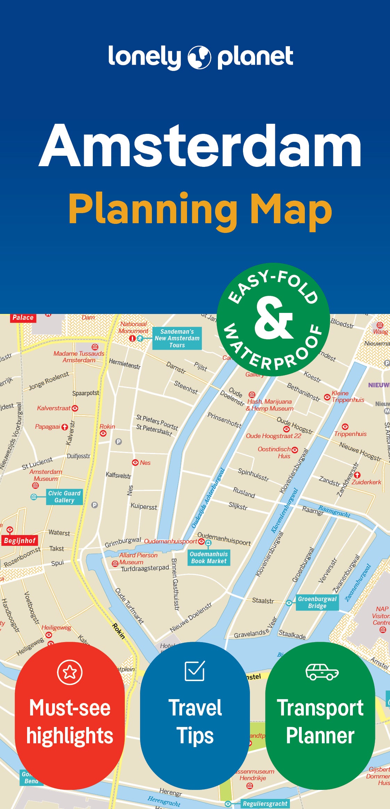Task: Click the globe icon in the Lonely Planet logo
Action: pyautogui.click(x=199, y=57)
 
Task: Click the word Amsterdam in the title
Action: pyautogui.click(x=201, y=146)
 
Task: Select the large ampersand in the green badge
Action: pyautogui.click(x=274, y=318)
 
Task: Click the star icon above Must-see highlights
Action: pyautogui.click(x=70, y=672)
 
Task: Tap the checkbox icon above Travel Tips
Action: pyautogui.click(x=195, y=671)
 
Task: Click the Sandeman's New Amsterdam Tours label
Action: pyautogui.click(x=177, y=338)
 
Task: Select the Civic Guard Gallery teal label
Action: pyautogui.click(x=64, y=497)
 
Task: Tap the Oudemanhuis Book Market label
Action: pyautogui.click(x=209, y=558)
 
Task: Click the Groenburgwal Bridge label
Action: pyautogui.click(x=317, y=602)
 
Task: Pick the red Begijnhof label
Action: pyautogui.click(x=20, y=541)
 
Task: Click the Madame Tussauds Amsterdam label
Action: pyautogui.click(x=79, y=357)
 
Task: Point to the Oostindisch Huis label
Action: pyautogui.click(x=274, y=452)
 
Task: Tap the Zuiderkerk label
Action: pyautogui.click(x=366, y=482)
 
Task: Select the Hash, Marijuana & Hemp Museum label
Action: pyautogui.click(x=270, y=405)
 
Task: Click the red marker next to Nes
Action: pyautogui.click(x=135, y=462)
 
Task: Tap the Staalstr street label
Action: pyautogui.click(x=263, y=600)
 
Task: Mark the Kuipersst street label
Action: pyautogui.click(x=144, y=507)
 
